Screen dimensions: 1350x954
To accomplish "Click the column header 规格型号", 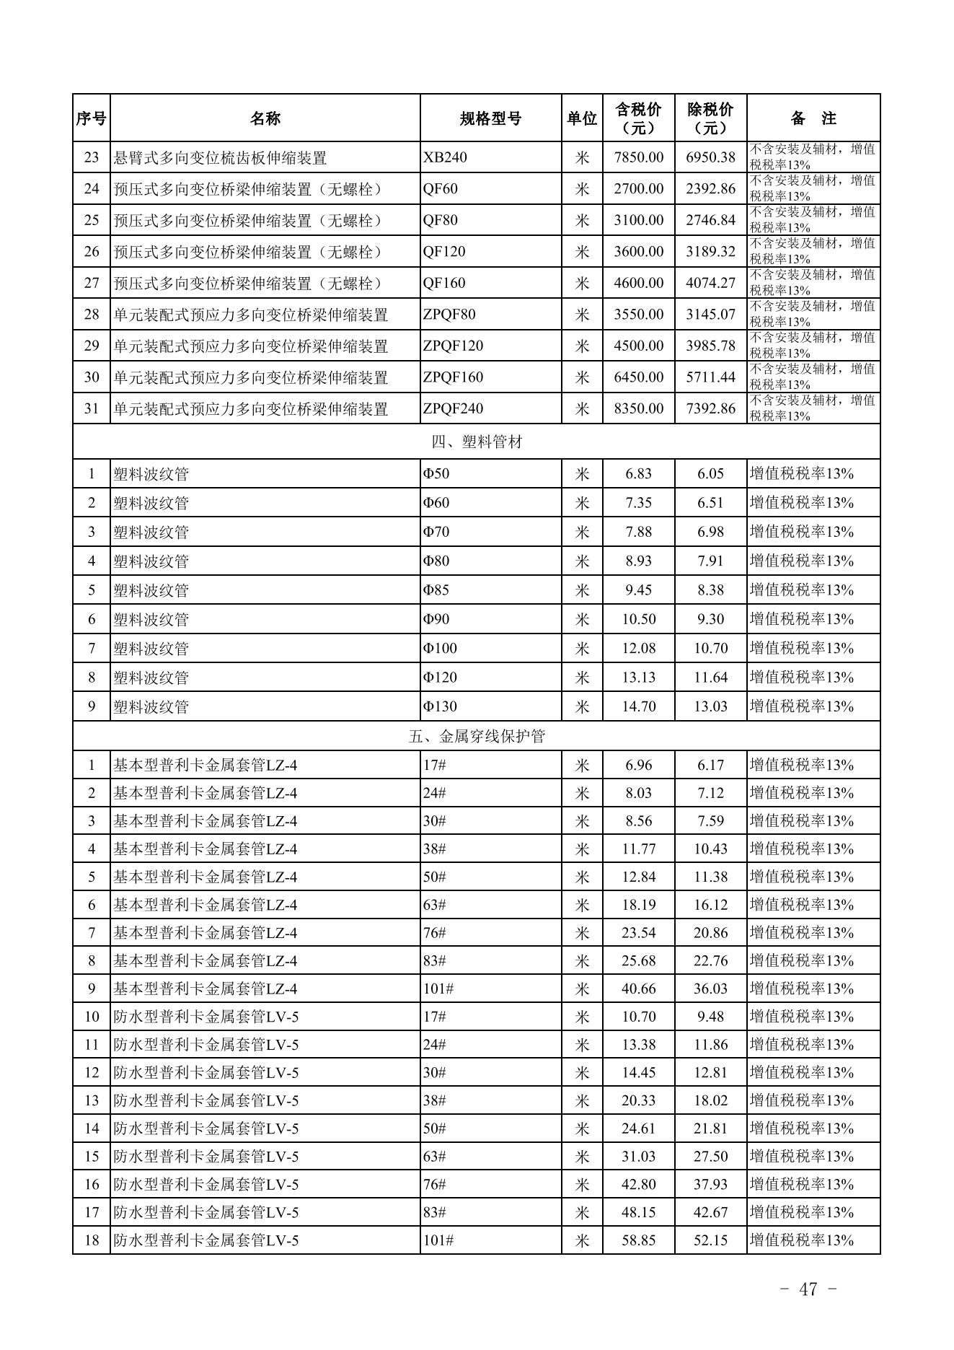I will coord(490,119).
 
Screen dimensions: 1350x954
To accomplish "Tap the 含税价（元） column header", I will coord(638,119).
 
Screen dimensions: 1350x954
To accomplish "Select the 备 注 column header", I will coord(813,119).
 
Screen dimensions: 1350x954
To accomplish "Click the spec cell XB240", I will coord(445,157).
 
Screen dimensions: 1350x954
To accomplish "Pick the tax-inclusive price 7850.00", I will coord(638,157).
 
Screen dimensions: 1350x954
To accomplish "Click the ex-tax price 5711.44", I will coord(710,377).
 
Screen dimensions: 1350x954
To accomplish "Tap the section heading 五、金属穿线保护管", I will coord(477,736).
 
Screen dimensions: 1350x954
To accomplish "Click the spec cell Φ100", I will coord(440,648).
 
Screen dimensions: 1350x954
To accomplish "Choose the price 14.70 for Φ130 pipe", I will coord(638,706).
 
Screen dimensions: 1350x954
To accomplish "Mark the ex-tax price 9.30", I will coord(710,619).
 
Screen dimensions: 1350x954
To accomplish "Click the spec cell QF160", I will coord(444,283).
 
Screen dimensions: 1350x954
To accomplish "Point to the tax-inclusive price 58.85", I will coord(638,1240).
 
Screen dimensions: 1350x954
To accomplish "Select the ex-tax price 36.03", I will coord(710,989).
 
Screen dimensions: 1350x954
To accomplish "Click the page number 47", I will coord(808,1289).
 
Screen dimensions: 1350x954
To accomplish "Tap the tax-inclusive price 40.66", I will coord(638,989).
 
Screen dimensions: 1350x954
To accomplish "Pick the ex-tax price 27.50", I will coord(710,1157).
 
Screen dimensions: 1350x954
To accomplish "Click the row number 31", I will coord(91,408).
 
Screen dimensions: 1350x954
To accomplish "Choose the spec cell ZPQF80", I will coord(449,315).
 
